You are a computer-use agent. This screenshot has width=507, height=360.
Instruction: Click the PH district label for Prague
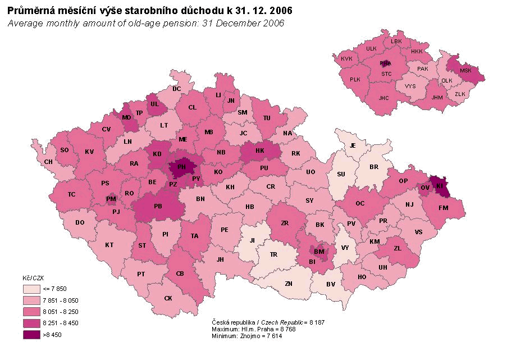pyautogui.click(x=181, y=167)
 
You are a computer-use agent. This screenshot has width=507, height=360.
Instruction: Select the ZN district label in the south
pyautogui.click(x=288, y=284)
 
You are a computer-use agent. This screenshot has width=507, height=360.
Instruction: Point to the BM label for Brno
pyautogui.click(x=319, y=252)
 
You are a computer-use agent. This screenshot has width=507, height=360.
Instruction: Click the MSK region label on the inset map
pyautogui.click(x=465, y=71)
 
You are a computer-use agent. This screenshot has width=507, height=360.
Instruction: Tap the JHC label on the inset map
pyautogui.click(x=383, y=98)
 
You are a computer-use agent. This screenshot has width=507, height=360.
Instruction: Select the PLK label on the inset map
pyautogui.click(x=355, y=80)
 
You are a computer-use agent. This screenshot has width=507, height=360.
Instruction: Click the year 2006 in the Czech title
pyautogui.click(x=279, y=11)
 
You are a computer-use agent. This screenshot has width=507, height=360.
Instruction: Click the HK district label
pyautogui.click(x=260, y=151)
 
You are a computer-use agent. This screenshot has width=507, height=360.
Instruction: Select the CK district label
pyautogui.click(x=168, y=298)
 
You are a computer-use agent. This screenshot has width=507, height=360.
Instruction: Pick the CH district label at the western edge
pyautogui.click(x=48, y=162)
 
